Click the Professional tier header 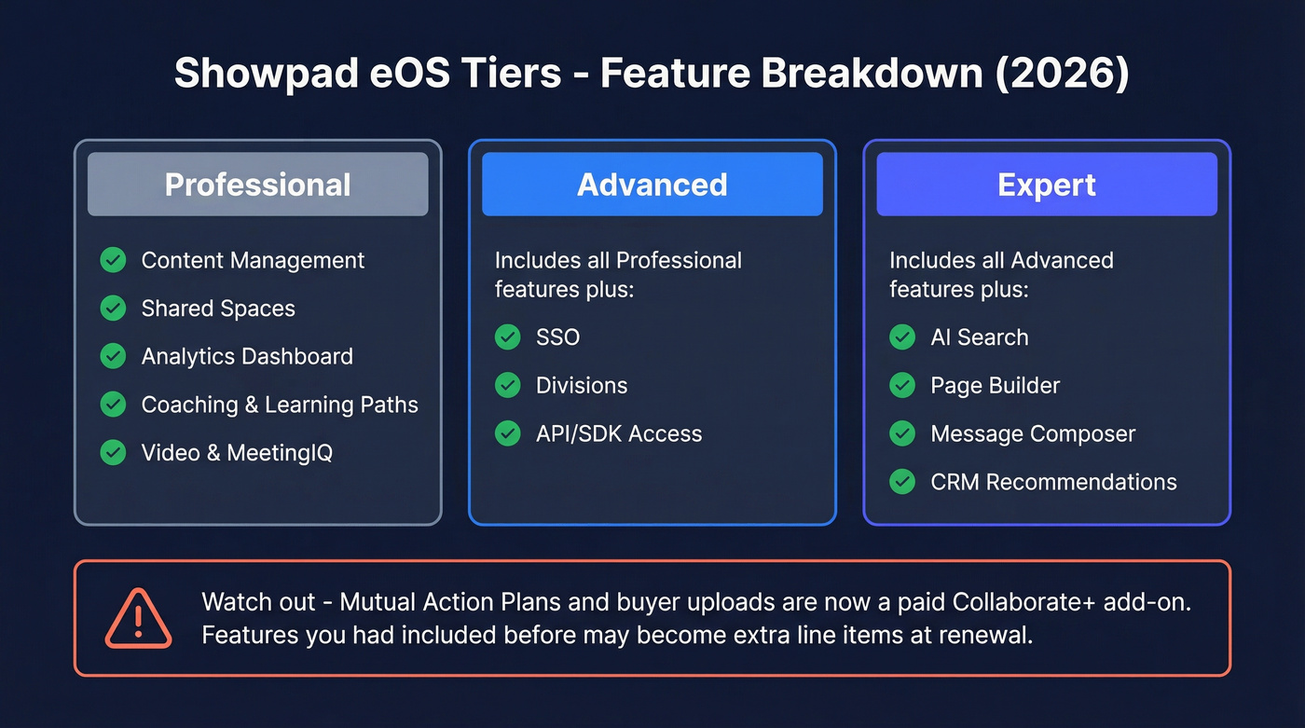(x=257, y=185)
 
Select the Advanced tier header (x=652, y=185)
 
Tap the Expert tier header (x=1046, y=185)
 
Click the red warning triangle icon (x=138, y=618)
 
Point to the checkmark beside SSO (x=508, y=337)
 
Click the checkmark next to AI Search (x=902, y=337)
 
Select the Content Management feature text (x=253, y=260)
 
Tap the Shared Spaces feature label (x=218, y=309)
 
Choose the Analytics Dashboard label (x=247, y=356)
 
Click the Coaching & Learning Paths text (x=280, y=405)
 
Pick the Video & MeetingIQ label (x=237, y=453)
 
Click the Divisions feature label (x=582, y=386)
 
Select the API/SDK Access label (x=619, y=433)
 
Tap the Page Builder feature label (x=996, y=386)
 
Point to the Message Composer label (x=1033, y=433)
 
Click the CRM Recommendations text (x=1053, y=482)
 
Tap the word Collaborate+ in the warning (x=1023, y=601)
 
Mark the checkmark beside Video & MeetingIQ (x=114, y=453)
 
